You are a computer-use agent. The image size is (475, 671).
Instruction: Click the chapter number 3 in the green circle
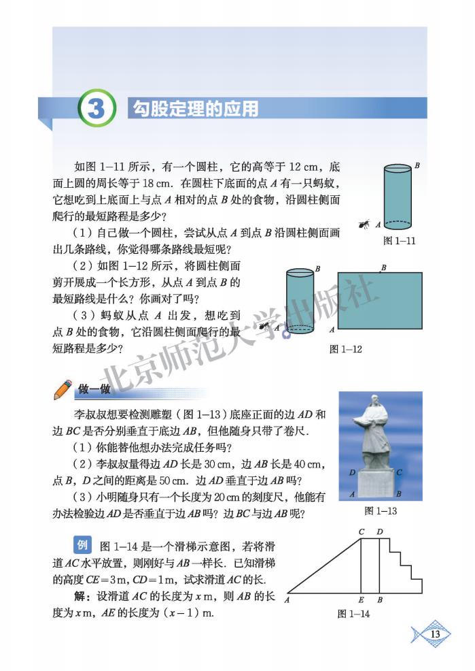pos(98,110)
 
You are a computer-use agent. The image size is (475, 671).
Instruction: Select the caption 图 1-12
pos(345,349)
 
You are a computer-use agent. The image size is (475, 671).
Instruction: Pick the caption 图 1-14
pos(353,614)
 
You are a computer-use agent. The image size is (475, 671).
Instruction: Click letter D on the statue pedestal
pos(352,472)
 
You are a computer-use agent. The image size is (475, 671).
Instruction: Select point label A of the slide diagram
pos(287,600)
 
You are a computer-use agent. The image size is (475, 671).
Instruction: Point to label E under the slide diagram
pos(360,600)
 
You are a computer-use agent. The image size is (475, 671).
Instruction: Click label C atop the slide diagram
pos(362,531)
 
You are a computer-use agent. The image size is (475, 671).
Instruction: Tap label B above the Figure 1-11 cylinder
pos(417,165)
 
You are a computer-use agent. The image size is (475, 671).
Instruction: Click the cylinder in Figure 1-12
pos(300,302)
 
